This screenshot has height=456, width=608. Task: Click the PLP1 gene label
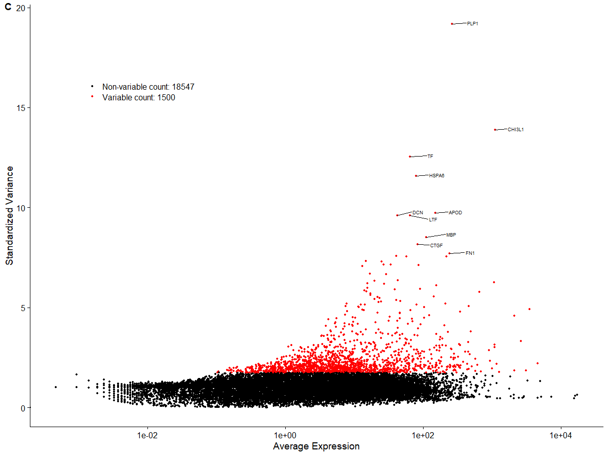tap(472, 23)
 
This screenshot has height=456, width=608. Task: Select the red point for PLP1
tap(452, 24)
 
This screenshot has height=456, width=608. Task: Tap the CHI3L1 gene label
tap(516, 130)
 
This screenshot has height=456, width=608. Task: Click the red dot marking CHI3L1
tap(495, 130)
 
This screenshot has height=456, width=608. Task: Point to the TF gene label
tap(430, 157)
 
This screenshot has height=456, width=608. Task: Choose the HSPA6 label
tap(437, 176)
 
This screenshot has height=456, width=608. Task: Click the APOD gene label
tap(455, 213)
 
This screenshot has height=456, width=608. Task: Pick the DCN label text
tap(417, 212)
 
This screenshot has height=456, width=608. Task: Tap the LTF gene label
tap(433, 220)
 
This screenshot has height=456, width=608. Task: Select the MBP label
tap(451, 235)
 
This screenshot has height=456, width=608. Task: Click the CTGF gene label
tap(436, 246)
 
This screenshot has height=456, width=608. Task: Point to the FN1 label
tap(470, 253)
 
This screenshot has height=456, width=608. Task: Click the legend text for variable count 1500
tap(138, 97)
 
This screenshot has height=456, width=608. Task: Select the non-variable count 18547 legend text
tap(148, 87)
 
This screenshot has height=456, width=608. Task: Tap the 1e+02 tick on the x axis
tap(423, 436)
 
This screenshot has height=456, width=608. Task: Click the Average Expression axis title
tap(316, 446)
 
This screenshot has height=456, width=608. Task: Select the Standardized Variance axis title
tap(10, 217)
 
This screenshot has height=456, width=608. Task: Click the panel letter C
tap(8, 6)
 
